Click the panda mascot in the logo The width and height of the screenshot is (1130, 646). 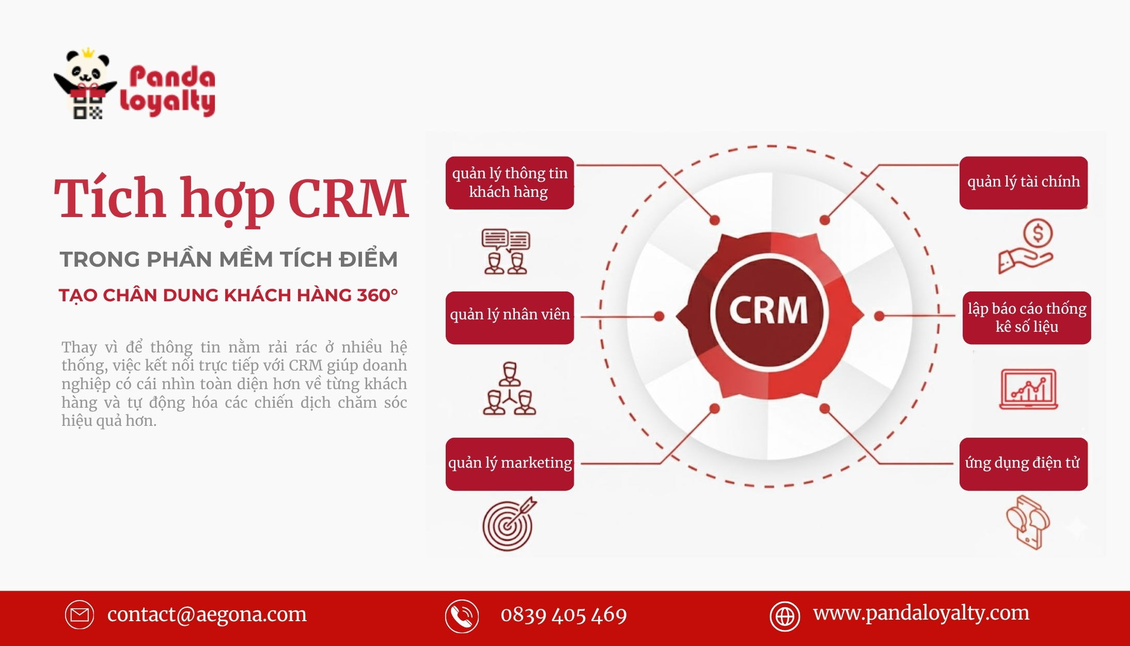tap(86, 84)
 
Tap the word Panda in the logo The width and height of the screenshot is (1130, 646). tap(172, 77)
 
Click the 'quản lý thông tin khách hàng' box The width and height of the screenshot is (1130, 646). tap(510, 182)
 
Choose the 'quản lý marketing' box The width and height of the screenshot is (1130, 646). tap(510, 464)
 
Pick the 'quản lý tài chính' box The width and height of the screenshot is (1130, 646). tap(1024, 182)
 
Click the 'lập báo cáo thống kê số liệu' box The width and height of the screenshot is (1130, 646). tap(1027, 317)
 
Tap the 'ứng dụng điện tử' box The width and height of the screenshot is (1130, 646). tap(1024, 464)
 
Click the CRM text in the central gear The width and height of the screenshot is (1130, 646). tap(768, 310)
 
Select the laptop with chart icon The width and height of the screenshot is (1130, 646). tap(1028, 389)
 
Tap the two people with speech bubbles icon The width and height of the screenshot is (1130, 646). tap(506, 252)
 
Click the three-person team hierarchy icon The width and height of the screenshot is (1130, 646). tap(510, 388)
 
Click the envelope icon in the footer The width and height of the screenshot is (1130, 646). tap(80, 614)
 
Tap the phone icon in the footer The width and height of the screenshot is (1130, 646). tap(462, 616)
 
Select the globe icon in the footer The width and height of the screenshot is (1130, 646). tap(785, 616)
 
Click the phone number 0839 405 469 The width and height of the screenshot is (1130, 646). tap(563, 615)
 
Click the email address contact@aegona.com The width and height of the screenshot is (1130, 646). tap(207, 614)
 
